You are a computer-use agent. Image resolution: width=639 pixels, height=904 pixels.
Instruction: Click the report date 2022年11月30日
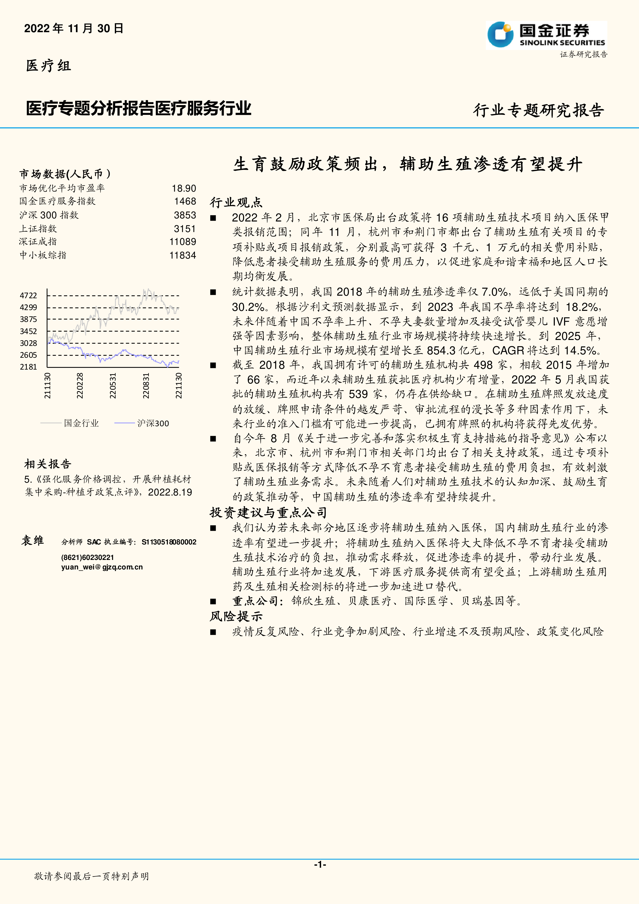point(74,28)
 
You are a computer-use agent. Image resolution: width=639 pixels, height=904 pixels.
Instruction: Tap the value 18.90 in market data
point(184,188)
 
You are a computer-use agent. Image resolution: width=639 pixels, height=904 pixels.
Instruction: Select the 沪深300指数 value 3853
point(185,215)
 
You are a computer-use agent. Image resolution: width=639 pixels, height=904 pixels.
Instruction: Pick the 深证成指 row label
point(38,242)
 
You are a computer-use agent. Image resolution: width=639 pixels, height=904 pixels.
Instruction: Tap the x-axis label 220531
point(113,386)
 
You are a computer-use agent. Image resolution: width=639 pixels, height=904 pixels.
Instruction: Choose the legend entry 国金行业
point(81,423)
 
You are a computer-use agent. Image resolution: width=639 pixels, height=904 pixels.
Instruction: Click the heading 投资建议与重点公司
point(268,512)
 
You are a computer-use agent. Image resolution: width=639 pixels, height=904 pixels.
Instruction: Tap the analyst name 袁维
point(33,541)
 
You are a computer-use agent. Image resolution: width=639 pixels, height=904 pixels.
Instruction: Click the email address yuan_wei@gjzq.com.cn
point(102,567)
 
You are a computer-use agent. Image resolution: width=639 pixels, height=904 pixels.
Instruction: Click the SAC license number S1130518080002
point(169,542)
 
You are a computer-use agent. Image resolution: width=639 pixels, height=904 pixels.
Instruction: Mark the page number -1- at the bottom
point(319,864)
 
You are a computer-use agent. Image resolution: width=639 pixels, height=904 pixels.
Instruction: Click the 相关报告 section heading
point(48,464)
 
